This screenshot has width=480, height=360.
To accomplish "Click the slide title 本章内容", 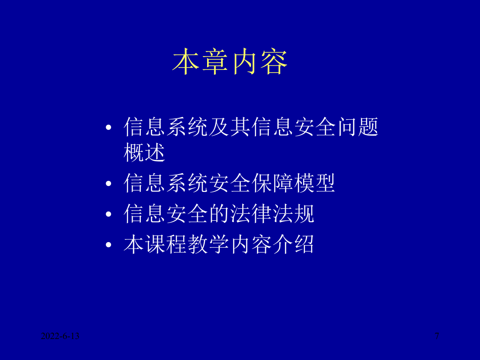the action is pos(230,62).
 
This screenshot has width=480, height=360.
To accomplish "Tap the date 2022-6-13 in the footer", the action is pos(60,336).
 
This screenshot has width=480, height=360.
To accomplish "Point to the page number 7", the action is pos(437,336).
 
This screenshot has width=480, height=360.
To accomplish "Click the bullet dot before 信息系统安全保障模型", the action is pos(108,183).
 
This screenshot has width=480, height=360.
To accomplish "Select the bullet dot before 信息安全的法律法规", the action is pos(108,214).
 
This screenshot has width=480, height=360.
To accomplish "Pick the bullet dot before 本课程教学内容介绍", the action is pos(108,244).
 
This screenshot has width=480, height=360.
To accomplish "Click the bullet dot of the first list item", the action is pos(108,127).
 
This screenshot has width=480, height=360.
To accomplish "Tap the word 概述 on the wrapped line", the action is pos(144,152).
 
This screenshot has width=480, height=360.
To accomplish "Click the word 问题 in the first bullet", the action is pos(358,127).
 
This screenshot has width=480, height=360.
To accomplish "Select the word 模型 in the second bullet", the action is pos(315,183).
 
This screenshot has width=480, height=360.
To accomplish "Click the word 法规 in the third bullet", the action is pos(293,213).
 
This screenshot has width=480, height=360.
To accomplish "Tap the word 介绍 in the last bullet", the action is pos(293,244).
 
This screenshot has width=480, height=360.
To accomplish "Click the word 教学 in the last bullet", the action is pos(208,244).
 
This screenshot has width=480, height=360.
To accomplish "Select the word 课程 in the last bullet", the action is pos(166,244).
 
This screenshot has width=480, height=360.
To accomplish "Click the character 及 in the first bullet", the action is pos(219,127).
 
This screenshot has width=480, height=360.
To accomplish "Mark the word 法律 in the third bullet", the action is pos(251,213).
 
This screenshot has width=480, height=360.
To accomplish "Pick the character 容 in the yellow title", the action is pos(274,62).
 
